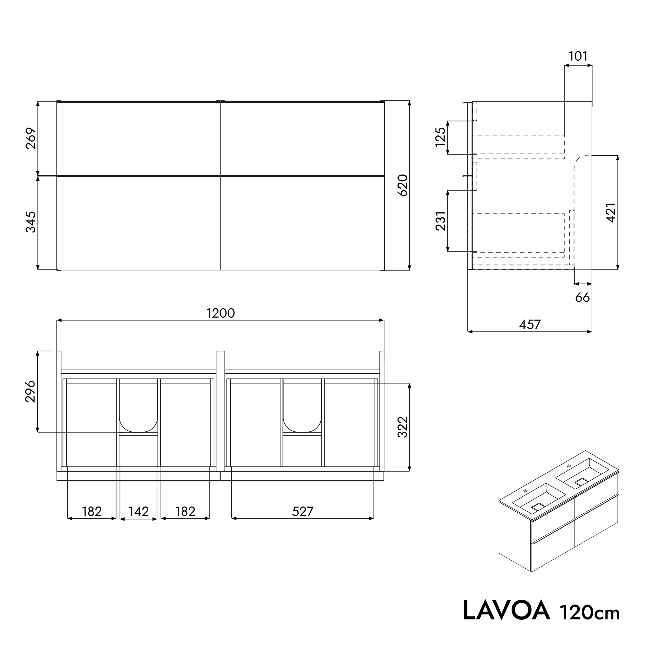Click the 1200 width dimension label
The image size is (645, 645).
(220, 313)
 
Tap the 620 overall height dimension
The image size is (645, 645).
(403, 185)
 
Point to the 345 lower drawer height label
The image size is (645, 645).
(31, 222)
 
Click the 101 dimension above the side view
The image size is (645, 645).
(578, 56)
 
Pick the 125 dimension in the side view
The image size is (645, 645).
(441, 137)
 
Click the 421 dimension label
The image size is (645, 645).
(611, 213)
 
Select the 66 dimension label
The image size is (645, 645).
(582, 297)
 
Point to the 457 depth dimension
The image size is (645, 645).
(530, 324)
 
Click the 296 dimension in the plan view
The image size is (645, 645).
(31, 391)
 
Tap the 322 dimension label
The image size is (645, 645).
(403, 427)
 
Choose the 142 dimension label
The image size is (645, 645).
(139, 511)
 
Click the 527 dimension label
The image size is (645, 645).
(302, 511)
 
